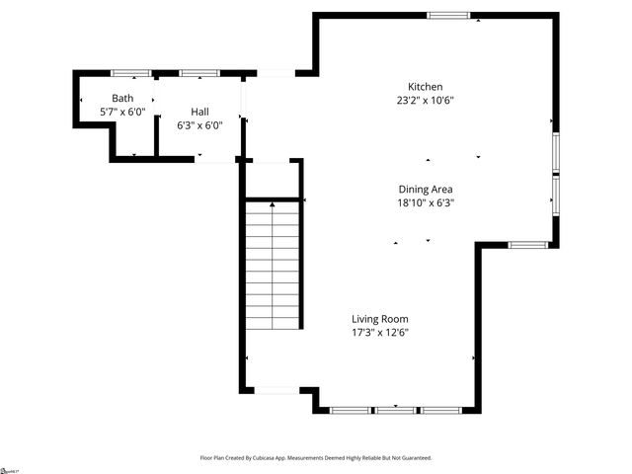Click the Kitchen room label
click(x=426, y=86)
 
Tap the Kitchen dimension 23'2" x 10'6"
click(x=426, y=100)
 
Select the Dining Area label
click(x=426, y=189)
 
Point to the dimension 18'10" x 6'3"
click(x=426, y=202)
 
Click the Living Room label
click(x=380, y=319)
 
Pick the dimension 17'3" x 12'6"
click(x=380, y=333)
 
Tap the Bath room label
click(x=122, y=98)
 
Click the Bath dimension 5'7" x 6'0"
click(x=122, y=112)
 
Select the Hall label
click(x=199, y=112)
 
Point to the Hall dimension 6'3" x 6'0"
click(x=199, y=125)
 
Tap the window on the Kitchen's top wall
click(x=448, y=15)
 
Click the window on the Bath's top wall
click(x=130, y=73)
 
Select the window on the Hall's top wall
click(x=198, y=73)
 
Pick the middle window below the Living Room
click(x=396, y=410)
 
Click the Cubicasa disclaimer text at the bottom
click(x=316, y=458)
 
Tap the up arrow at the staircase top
click(x=273, y=202)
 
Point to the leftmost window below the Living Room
click(x=351, y=410)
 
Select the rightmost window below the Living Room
click(x=441, y=410)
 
